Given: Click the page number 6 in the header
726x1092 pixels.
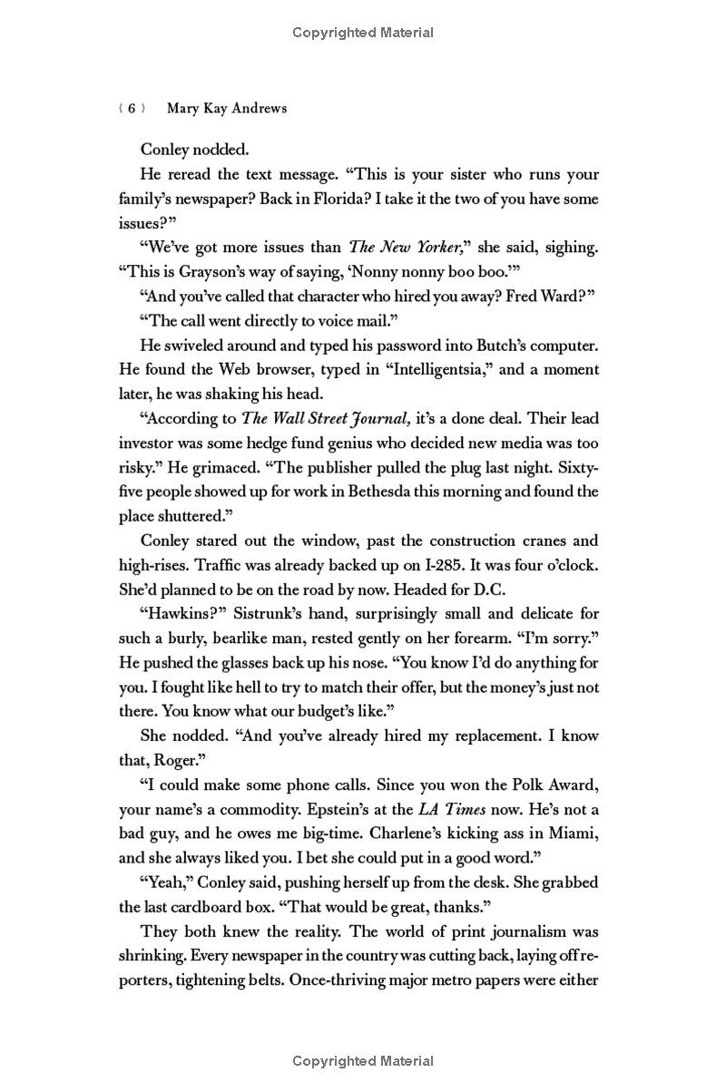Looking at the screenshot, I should coord(132,109).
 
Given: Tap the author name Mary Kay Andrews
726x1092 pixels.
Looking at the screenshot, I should coord(227,109).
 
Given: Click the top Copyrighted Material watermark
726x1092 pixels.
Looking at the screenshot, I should coord(363,33).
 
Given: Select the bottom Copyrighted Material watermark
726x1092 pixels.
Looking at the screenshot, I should coord(363,1060).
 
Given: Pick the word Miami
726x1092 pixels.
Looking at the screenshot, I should coord(574,834).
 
